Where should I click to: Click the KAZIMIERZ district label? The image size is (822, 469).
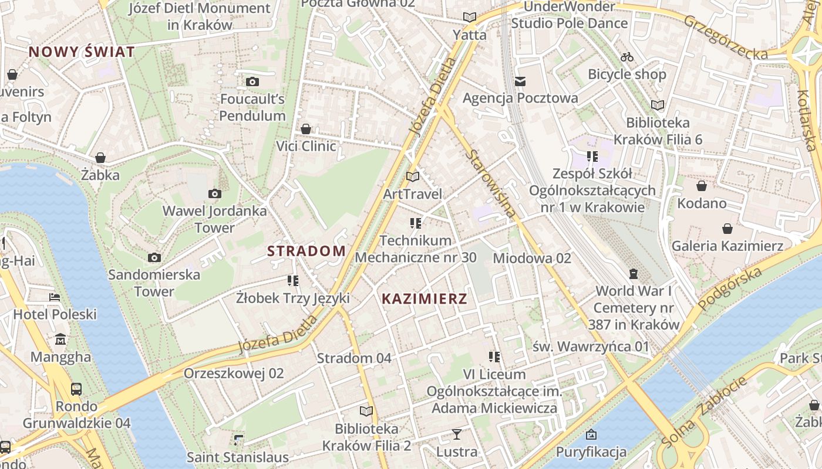(x=425, y=299)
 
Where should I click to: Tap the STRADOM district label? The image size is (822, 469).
(x=306, y=251)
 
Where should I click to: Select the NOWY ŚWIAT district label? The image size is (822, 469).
(x=82, y=52)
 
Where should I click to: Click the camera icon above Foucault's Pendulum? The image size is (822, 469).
(x=252, y=81)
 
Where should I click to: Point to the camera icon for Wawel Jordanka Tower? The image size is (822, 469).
(x=215, y=193)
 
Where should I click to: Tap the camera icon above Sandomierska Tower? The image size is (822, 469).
(x=154, y=257)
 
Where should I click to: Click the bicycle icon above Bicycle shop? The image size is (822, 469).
(x=627, y=57)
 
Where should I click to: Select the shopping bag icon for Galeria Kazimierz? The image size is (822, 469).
(x=727, y=229)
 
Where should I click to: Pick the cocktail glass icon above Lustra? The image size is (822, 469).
(x=456, y=434)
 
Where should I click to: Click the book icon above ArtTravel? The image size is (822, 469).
(x=413, y=176)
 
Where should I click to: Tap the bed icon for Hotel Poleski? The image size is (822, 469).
(x=55, y=297)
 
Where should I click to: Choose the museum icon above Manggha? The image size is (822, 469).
(x=60, y=339)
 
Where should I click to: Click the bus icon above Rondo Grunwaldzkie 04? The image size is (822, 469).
(x=76, y=389)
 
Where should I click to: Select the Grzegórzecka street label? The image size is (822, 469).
(x=725, y=38)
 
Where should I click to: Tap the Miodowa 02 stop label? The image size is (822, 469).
(x=532, y=258)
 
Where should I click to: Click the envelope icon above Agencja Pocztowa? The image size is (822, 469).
(x=520, y=81)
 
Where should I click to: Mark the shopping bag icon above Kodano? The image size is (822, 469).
(x=702, y=186)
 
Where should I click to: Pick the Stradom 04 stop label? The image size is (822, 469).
(x=354, y=358)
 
